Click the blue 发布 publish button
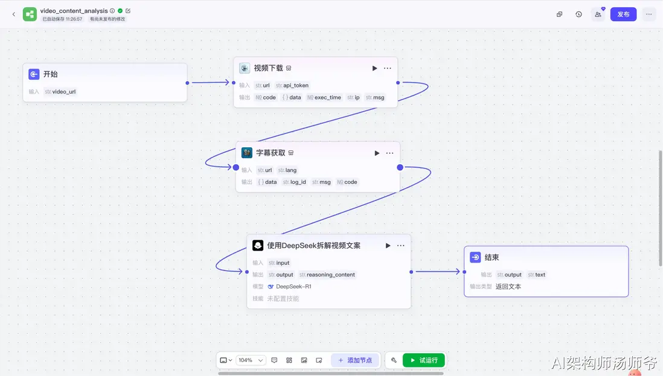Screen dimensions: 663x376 click(x=623, y=14)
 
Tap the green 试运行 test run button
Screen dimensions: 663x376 click(x=424, y=360)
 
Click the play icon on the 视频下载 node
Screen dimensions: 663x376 click(x=374, y=68)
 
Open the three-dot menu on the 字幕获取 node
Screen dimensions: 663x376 click(x=389, y=153)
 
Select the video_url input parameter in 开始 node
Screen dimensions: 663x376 click(x=60, y=92)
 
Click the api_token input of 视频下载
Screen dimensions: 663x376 click(x=292, y=85)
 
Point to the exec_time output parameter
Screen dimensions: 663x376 click(x=324, y=98)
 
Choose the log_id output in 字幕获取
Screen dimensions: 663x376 click(x=294, y=182)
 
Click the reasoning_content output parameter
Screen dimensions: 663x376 click(x=327, y=275)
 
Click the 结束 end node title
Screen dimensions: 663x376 click(x=492, y=257)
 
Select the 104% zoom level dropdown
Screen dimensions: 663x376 click(x=251, y=360)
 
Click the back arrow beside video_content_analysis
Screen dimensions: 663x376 click(x=13, y=14)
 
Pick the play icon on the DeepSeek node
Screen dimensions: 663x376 click(x=388, y=246)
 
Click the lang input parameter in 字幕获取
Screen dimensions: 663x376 click(x=287, y=170)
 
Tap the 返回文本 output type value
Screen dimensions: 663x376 click(x=508, y=287)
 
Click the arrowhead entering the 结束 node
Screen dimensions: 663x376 click(x=458, y=272)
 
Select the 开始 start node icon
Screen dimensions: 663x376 click(x=34, y=74)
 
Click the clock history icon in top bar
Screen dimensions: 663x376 click(x=578, y=14)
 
